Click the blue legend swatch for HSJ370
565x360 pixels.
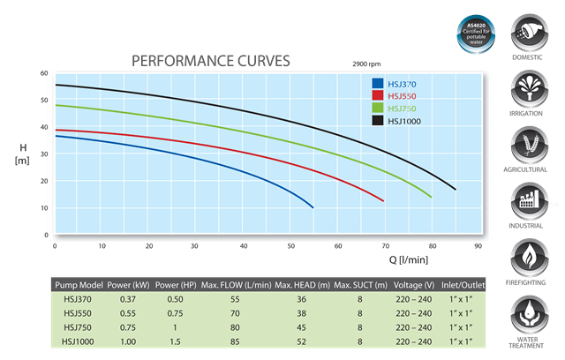(378, 84)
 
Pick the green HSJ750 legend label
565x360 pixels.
(403, 108)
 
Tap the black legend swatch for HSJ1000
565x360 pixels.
(378, 119)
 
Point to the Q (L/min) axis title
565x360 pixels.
(409, 260)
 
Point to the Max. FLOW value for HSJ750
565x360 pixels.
(235, 326)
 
